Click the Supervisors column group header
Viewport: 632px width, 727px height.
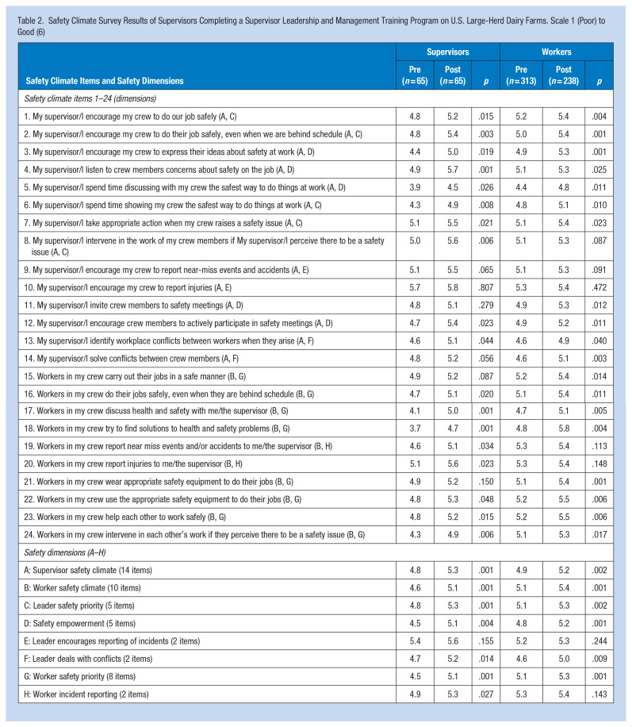[x=448, y=52]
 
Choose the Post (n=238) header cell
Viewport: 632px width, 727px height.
[x=563, y=75]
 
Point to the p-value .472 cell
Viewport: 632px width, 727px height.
[x=598, y=293]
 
